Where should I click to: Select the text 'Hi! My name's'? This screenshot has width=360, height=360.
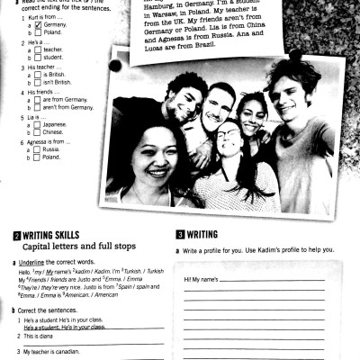[x=202, y=280]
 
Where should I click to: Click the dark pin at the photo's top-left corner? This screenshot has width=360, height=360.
[x=115, y=67]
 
